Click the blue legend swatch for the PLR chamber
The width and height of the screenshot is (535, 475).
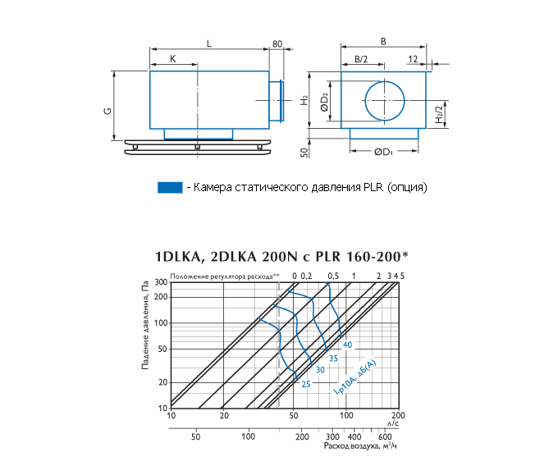coord(170,188)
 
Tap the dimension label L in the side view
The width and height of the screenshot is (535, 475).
coord(209,43)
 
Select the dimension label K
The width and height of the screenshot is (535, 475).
coord(173,59)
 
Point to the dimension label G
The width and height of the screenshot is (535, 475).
coord(107,111)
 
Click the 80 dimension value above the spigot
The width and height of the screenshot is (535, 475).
coord(277,44)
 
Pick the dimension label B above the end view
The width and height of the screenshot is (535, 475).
coord(383,42)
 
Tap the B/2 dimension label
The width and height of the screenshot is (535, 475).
coord(361,59)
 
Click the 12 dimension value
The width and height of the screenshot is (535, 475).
coord(413,59)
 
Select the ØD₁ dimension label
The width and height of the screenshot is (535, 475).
coord(384,153)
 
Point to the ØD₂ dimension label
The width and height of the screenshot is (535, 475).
coord(324,103)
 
